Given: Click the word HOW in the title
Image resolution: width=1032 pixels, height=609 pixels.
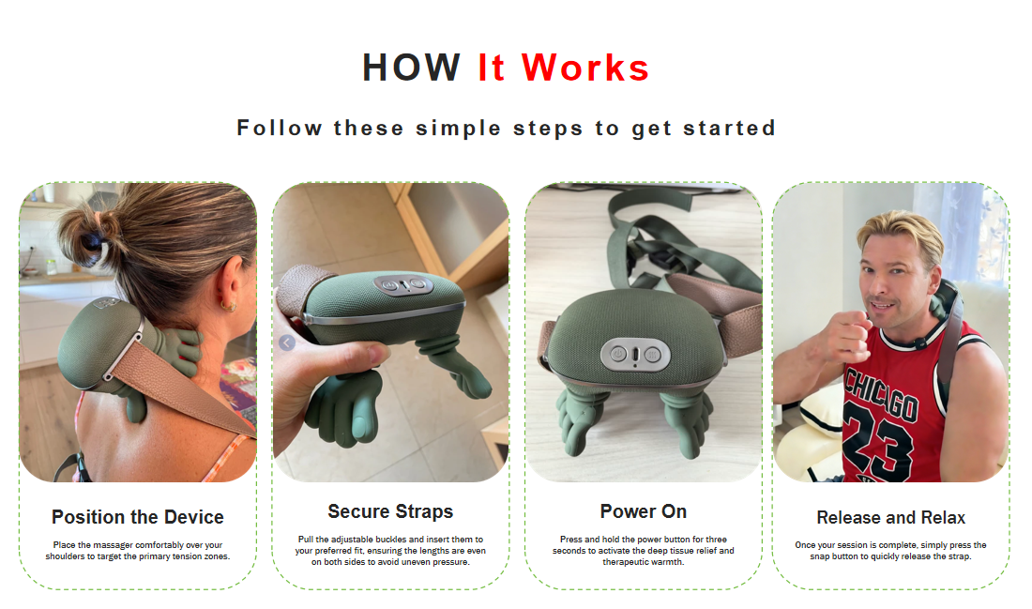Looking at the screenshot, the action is coord(411,68).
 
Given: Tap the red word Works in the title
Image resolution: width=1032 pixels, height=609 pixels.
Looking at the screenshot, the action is coord(585,68).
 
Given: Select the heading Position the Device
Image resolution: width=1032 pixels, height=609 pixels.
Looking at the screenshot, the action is coord(138,517).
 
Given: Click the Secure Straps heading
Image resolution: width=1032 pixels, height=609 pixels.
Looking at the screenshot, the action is coord(390,511).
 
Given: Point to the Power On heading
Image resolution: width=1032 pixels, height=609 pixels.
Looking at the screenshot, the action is coord(643,511).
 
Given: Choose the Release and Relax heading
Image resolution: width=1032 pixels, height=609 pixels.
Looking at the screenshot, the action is coord(890,517).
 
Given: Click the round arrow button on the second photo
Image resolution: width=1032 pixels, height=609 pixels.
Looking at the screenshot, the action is coord(287,343).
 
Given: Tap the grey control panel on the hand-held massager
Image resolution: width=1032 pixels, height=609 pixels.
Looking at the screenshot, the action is coord(402,285).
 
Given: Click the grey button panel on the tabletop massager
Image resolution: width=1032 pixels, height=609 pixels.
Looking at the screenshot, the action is coord(635,354).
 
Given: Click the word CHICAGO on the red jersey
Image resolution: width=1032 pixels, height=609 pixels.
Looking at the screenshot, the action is coord(881,394).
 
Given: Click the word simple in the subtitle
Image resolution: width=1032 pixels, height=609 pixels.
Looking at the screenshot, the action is coord(458,129).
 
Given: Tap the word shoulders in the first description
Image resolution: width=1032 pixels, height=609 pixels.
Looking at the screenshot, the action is coord(65,556).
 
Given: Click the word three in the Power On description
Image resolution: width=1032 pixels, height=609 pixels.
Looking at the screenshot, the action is coord(717,540).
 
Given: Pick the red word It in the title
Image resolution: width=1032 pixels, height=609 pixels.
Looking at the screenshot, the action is coord(492,68).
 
